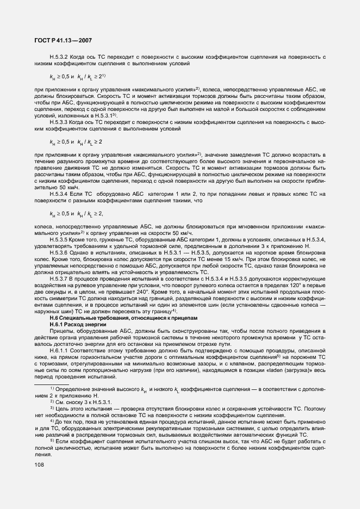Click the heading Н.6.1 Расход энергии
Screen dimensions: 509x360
click(76, 324)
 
